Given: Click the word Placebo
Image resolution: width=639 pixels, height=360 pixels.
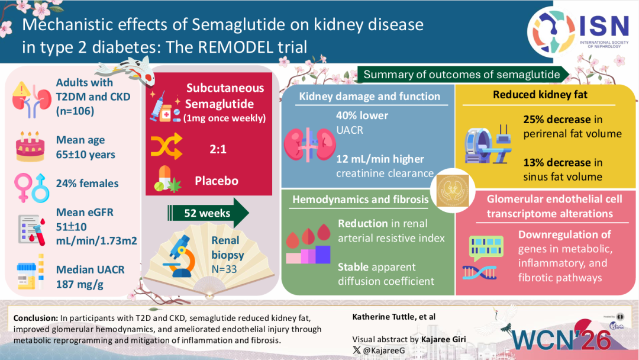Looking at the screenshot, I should (217, 181).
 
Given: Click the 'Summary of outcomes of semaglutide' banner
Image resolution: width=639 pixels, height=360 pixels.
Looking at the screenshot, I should (461, 75).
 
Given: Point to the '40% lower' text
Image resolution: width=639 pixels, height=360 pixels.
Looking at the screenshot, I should (362, 115).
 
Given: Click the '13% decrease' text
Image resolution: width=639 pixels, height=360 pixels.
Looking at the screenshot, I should (557, 162).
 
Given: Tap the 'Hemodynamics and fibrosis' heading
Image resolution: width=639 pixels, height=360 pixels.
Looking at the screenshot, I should (360, 200).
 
